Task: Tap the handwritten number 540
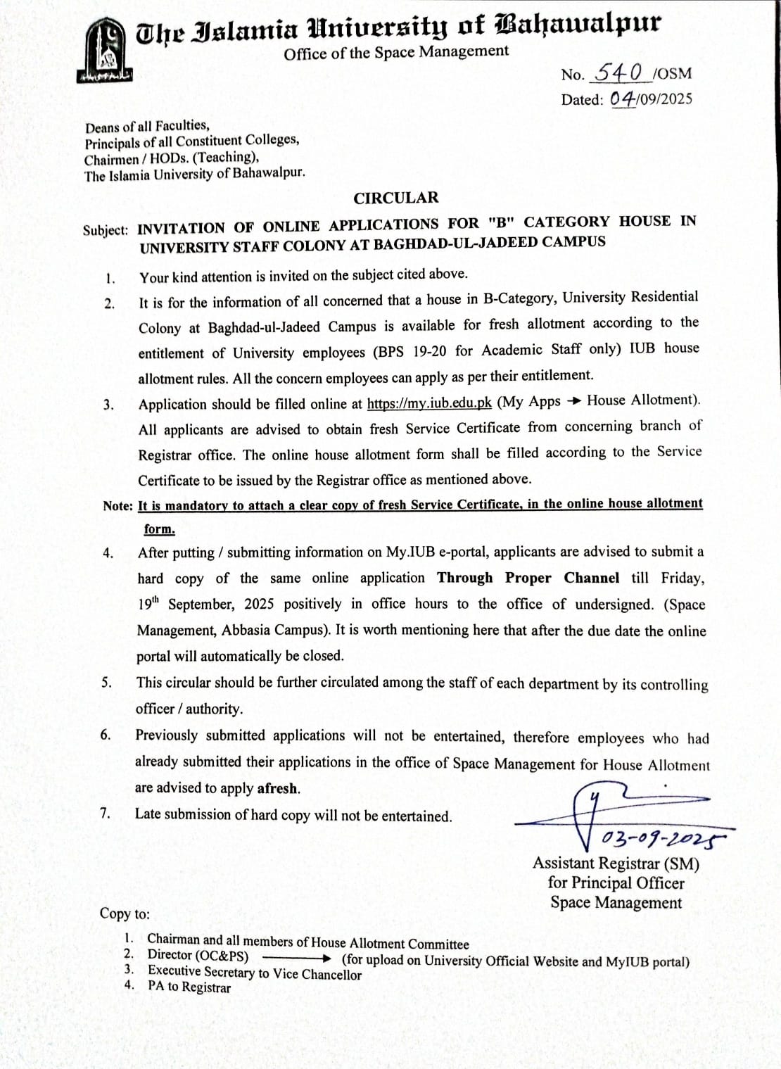(618, 72)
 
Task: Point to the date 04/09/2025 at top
(651, 99)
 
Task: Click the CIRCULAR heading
(395, 198)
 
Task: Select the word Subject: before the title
(106, 230)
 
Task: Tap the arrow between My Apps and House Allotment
(574, 401)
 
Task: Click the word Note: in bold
(118, 505)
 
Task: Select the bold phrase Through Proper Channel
(528, 578)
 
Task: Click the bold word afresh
(278, 788)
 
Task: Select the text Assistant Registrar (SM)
(616, 864)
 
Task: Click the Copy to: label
(125, 913)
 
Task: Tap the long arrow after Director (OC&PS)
(296, 958)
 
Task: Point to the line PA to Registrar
(189, 987)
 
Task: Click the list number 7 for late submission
(105, 813)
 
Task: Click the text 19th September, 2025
(205, 604)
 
